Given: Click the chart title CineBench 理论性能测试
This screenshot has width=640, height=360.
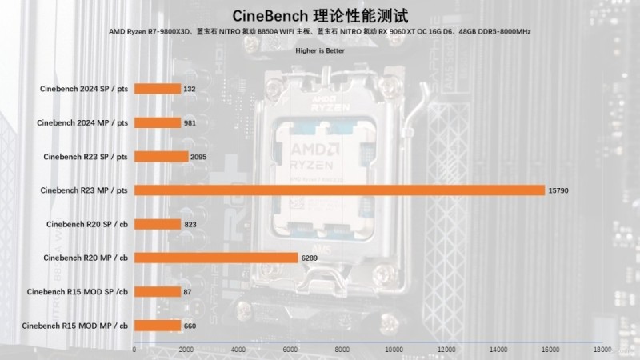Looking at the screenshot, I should pos(320,15).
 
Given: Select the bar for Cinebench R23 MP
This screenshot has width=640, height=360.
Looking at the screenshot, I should pos(340,190).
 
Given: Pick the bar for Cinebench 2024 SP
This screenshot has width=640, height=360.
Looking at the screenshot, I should pos(158,89).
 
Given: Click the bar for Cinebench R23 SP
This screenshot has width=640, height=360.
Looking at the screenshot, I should pos(162,156).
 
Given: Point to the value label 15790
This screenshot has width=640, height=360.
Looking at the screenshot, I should pos(558,190).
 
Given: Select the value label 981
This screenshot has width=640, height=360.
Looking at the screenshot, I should pos(190,122).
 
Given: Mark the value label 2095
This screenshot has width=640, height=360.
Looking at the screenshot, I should pos(199,157).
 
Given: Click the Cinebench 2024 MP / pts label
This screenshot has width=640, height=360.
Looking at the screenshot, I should pos(83,122).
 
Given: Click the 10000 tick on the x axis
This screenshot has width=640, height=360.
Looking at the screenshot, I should pos(394,350).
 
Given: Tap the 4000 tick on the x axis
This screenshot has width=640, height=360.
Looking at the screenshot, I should pos(238,350).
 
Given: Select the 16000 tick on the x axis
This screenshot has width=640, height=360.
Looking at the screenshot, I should pos(550,350).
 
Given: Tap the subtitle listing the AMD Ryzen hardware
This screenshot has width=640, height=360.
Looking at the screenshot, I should pos(320,31).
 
